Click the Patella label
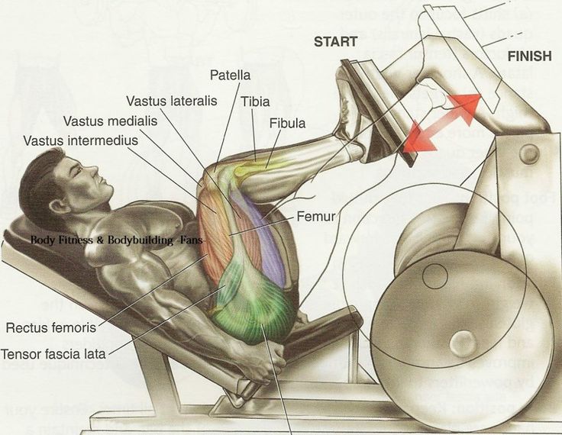click(x=230, y=76)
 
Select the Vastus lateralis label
click(x=171, y=101)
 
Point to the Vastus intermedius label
click(x=80, y=140)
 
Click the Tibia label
click(x=254, y=101)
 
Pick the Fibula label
click(x=287, y=122)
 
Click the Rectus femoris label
click(x=50, y=329)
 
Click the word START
click(x=336, y=42)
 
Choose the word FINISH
click(x=529, y=56)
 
